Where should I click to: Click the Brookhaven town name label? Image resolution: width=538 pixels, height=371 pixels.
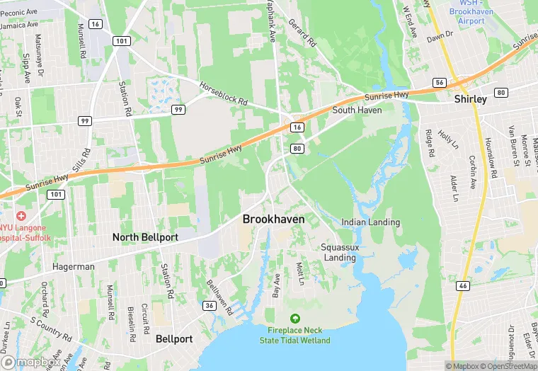pos(273,219)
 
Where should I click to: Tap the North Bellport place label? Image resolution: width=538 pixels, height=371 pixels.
pos(145,237)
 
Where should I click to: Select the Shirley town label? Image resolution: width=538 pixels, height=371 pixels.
pos(470,99)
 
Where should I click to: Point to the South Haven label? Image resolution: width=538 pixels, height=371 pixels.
pos(357,110)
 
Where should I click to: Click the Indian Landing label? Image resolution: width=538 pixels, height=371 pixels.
pos(370,222)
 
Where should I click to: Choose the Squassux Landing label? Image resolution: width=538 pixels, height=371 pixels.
pos(340,252)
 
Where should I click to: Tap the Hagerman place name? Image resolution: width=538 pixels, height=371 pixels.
pos(73,267)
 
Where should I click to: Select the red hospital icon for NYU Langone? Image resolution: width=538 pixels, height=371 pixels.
pos(21,215)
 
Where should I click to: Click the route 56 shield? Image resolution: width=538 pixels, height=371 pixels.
pos(439,83)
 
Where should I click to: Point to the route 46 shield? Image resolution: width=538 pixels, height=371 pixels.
pos(462,285)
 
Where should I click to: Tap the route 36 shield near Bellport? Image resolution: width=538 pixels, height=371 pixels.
pos(209,306)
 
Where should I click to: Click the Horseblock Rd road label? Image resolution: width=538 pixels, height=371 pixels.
pos(223,93)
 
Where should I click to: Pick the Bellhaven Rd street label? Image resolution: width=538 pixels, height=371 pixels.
pos(219,296)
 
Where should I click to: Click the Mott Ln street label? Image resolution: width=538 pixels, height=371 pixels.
pos(299,274)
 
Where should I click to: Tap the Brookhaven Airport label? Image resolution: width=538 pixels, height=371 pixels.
pos(471,16)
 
